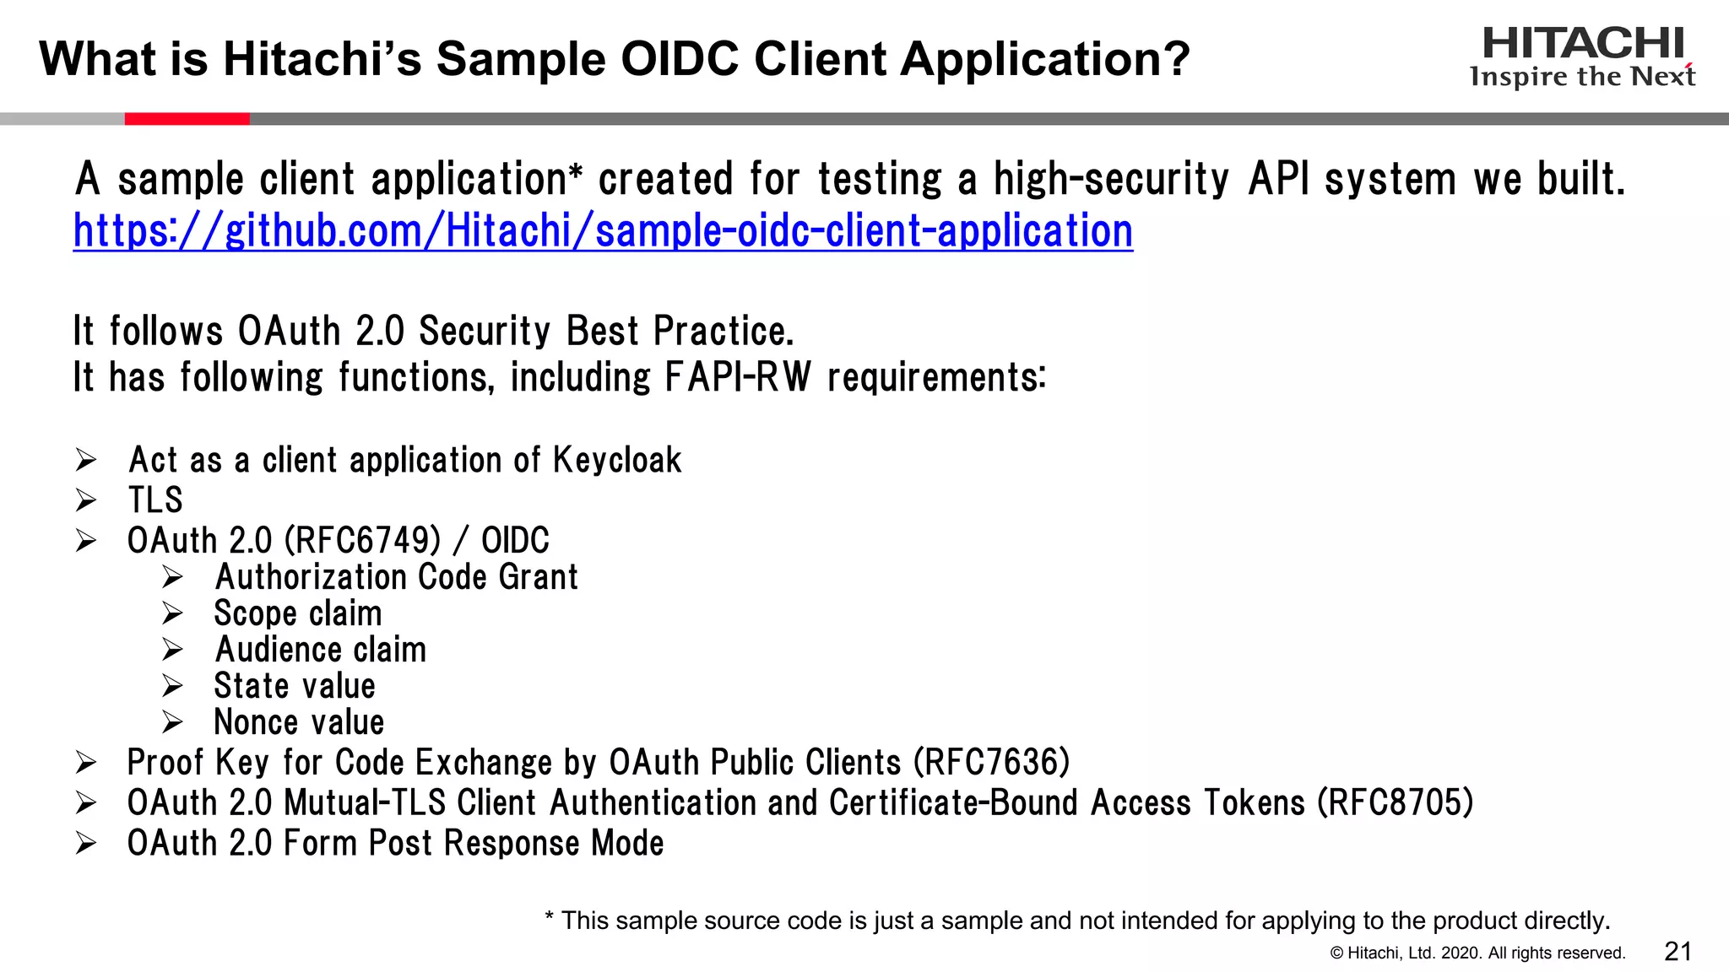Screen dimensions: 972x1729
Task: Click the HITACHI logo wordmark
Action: (1583, 44)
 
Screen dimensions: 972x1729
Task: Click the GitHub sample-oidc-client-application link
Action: (603, 230)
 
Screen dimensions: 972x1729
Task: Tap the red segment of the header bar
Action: (187, 119)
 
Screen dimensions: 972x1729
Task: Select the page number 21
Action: (1678, 952)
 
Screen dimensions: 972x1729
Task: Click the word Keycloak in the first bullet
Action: (617, 461)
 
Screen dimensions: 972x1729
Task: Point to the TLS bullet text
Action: (155, 500)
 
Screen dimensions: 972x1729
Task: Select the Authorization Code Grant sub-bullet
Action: (396, 577)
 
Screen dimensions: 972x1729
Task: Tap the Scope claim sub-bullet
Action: (297, 613)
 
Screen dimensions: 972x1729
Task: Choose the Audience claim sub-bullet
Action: (320, 650)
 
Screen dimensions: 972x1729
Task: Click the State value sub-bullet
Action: (294, 686)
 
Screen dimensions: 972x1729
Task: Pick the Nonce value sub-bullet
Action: (299, 722)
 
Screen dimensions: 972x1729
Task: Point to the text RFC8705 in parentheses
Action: (1396, 803)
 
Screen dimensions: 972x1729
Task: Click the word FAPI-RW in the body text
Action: (737, 377)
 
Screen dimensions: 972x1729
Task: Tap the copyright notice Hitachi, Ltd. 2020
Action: (1477, 953)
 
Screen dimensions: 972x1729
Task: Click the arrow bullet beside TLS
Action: (86, 500)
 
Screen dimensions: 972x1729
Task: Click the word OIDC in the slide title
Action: (680, 59)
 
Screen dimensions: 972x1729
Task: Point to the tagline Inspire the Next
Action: (1582, 77)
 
